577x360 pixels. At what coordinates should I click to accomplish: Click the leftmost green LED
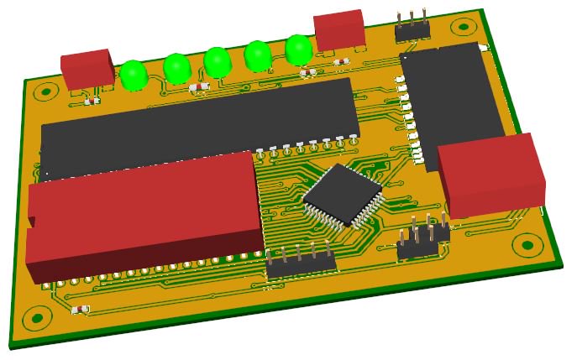pos(133,75)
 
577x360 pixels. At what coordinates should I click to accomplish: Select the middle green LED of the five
pos(218,61)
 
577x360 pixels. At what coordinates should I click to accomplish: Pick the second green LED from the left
pos(176,68)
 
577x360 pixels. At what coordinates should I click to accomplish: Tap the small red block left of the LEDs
pos(87,69)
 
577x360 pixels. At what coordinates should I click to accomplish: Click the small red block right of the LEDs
pos(339,30)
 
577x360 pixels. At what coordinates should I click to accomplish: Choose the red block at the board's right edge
pos(491,175)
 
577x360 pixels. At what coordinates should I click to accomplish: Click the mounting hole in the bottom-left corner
pos(35,319)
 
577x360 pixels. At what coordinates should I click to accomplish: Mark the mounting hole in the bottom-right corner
pos(527,245)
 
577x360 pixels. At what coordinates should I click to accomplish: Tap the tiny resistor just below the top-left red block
pos(92,102)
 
